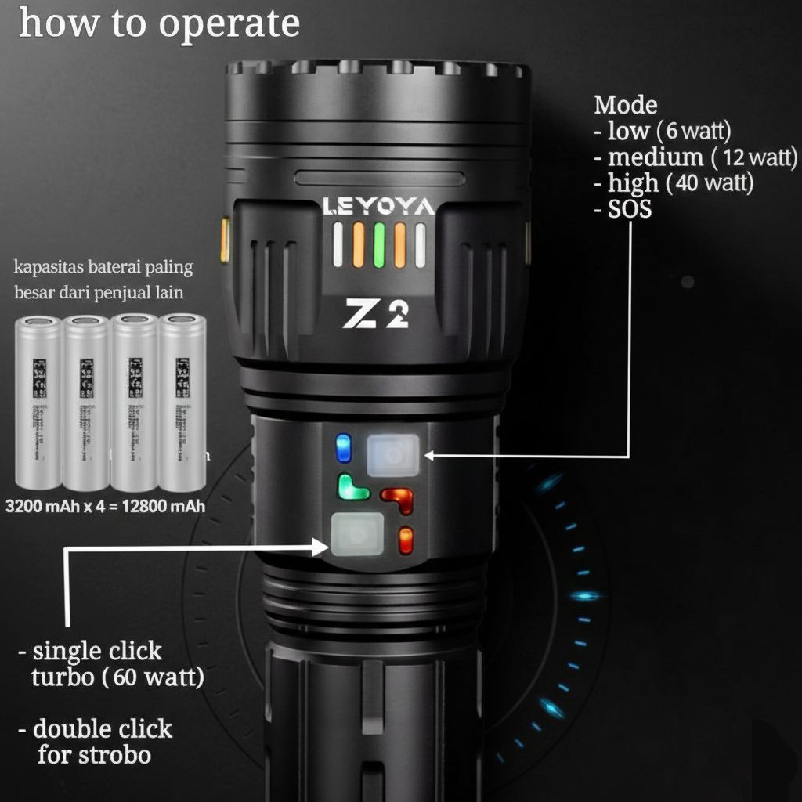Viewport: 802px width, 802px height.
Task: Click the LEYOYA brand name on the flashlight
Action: tap(378, 207)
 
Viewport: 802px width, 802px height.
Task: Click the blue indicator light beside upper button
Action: tap(343, 448)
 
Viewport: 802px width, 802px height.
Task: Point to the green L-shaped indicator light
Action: tap(352, 488)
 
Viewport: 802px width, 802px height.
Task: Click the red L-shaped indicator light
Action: tap(397, 498)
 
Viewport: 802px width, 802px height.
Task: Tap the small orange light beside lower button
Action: tap(406, 540)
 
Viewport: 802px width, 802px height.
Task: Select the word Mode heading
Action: tap(625, 104)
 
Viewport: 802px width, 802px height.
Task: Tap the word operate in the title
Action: tap(229, 23)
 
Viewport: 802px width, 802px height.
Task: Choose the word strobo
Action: tap(113, 756)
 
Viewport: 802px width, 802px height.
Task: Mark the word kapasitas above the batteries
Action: tap(46, 269)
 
